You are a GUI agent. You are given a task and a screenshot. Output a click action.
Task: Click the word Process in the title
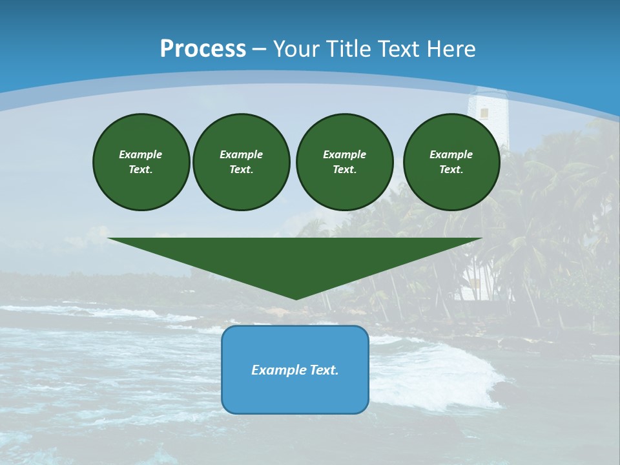(x=203, y=49)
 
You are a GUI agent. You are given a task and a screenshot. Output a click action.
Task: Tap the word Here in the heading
(x=451, y=49)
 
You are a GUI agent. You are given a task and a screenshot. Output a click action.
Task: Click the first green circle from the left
(x=141, y=162)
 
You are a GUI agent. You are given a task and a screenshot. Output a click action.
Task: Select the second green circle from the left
(x=241, y=162)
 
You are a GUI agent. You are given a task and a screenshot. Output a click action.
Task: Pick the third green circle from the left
(x=344, y=162)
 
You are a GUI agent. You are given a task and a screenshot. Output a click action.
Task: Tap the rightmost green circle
(x=451, y=162)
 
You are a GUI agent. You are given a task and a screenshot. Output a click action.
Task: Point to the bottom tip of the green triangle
(x=296, y=298)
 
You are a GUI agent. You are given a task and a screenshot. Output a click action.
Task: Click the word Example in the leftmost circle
(x=141, y=154)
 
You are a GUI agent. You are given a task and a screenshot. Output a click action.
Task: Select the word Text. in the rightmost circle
(x=451, y=170)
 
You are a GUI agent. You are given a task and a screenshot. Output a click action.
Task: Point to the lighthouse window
(x=484, y=112)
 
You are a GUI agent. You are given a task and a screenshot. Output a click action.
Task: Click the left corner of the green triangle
(x=110, y=239)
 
